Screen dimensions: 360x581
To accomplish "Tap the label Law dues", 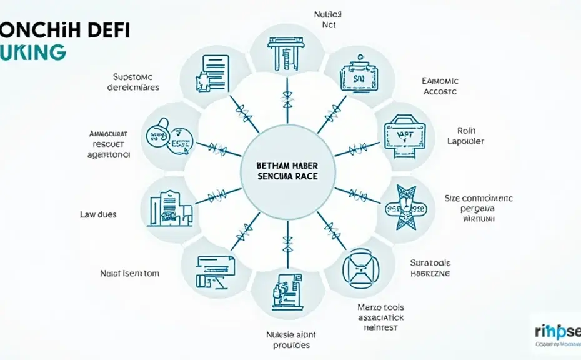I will tap(98, 214).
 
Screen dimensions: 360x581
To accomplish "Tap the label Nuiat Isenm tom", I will tap(129, 272).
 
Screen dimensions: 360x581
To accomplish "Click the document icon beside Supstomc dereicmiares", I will tap(212, 75).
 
